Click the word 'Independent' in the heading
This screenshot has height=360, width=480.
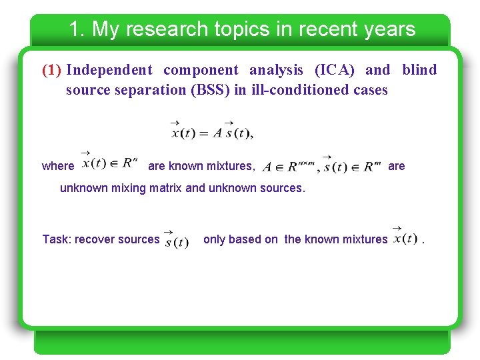[x=109, y=70]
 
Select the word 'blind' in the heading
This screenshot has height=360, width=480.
[x=419, y=70]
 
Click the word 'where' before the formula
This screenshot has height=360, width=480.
[x=58, y=166]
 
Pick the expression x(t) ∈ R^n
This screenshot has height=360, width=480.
[x=109, y=163]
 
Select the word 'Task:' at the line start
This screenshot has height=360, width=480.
[x=57, y=239]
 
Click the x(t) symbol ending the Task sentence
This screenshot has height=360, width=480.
[x=405, y=237]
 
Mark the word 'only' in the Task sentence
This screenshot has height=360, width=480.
[x=215, y=239]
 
